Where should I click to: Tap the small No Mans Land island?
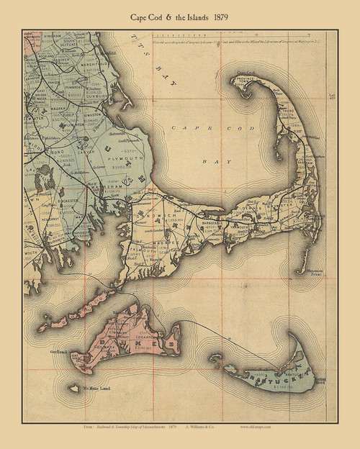pos(73,389)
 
